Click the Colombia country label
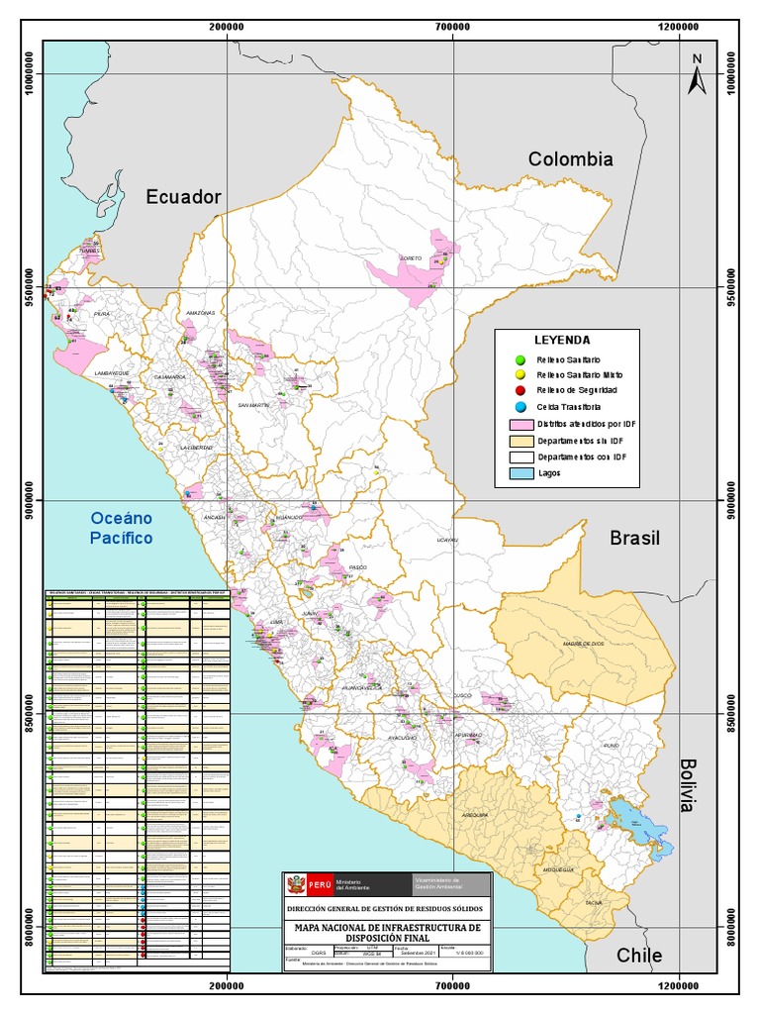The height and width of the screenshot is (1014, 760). [x=570, y=159]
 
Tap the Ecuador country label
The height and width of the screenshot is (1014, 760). [x=183, y=197]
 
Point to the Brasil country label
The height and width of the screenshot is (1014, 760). [x=634, y=538]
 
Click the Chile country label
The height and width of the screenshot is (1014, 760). [x=639, y=956]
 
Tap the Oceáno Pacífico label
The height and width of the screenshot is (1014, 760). [x=122, y=528]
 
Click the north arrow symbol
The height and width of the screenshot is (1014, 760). [x=696, y=75]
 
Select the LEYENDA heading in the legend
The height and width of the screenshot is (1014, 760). [x=562, y=339]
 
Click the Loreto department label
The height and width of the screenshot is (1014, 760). [x=411, y=258]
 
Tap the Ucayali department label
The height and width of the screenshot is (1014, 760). [x=447, y=541]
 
